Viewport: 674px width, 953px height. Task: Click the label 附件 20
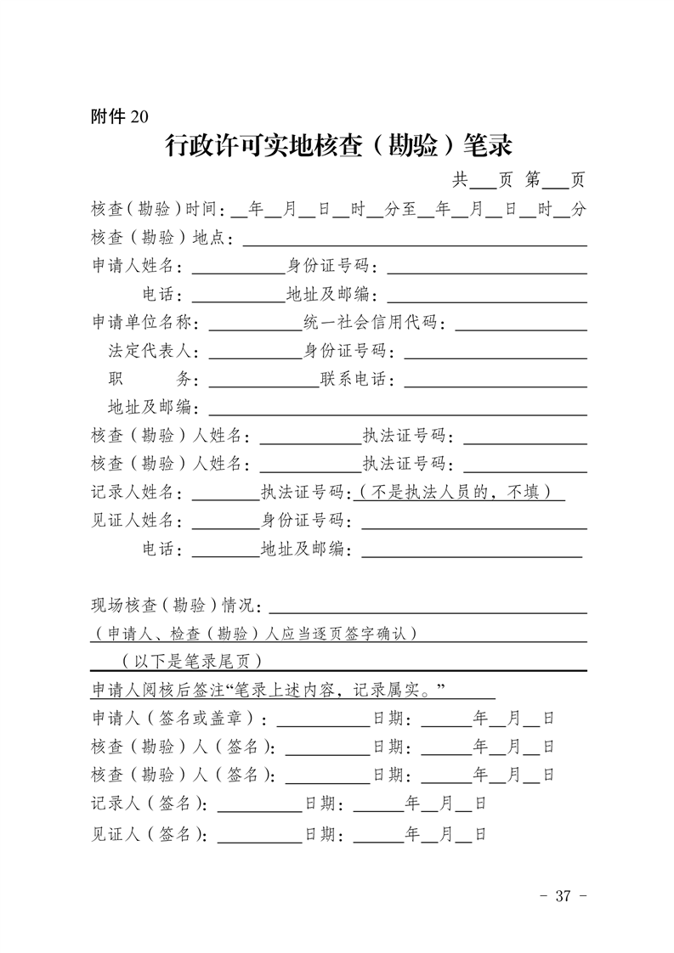pyautogui.click(x=119, y=118)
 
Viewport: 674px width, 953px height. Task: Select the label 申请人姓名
pyautogui.click(x=136, y=267)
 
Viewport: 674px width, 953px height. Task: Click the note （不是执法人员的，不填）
pyautogui.click(x=460, y=492)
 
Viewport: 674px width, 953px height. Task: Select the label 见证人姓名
pyautogui.click(x=136, y=520)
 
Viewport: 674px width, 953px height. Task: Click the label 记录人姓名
pyautogui.click(x=136, y=492)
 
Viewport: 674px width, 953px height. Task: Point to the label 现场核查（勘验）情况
pyautogui.click(x=178, y=606)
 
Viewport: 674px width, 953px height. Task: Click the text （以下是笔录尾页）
pyautogui.click(x=191, y=662)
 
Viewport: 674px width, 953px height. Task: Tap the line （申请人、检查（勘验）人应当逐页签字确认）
pyautogui.click(x=255, y=634)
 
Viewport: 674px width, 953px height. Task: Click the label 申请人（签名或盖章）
pyautogui.click(x=179, y=719)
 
